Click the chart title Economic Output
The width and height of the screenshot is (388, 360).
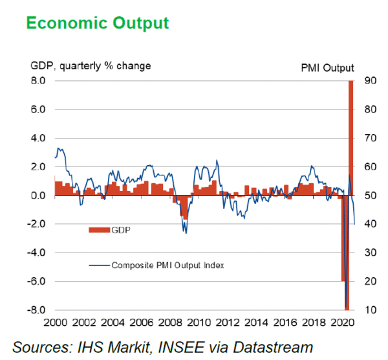coord(98,23)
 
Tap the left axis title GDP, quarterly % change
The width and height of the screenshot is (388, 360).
coord(91,66)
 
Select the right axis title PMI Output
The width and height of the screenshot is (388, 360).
coord(327,67)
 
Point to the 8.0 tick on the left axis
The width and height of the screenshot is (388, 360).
coord(38,81)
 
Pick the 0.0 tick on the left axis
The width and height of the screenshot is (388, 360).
coord(38,196)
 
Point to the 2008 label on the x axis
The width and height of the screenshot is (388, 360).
coord(171,322)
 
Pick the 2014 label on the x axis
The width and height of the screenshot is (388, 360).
coord(257,322)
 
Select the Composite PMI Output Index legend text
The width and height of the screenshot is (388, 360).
coord(167,264)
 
